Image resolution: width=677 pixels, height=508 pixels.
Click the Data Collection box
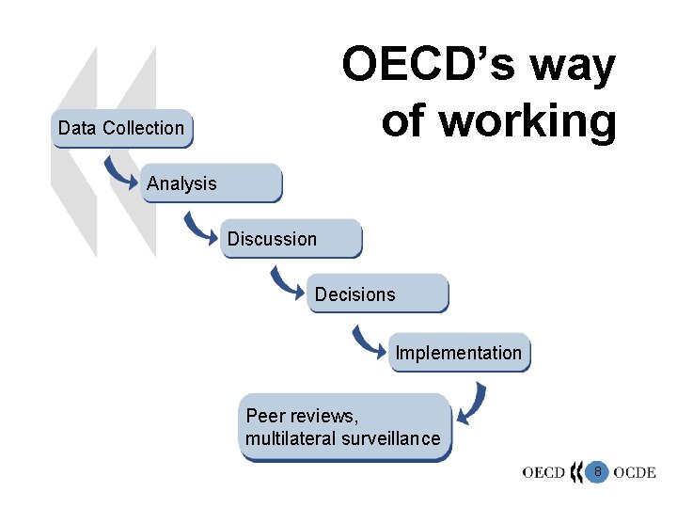click(120, 129)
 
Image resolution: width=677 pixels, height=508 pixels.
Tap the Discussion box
click(291, 239)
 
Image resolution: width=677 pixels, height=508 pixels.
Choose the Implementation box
click(459, 353)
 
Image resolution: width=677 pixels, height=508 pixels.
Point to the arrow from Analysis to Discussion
click(199, 228)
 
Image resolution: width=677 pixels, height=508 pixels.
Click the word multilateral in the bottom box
click(291, 438)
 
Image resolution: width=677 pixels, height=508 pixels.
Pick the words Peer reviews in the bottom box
click(302, 416)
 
